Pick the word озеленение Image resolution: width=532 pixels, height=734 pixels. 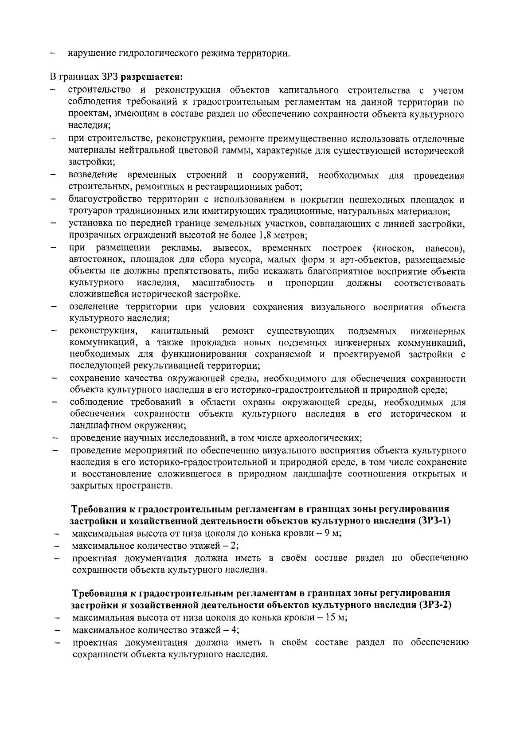pos(94,307)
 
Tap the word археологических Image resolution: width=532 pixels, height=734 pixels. pos(325,438)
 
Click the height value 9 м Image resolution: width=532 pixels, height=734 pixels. pos(332,533)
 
